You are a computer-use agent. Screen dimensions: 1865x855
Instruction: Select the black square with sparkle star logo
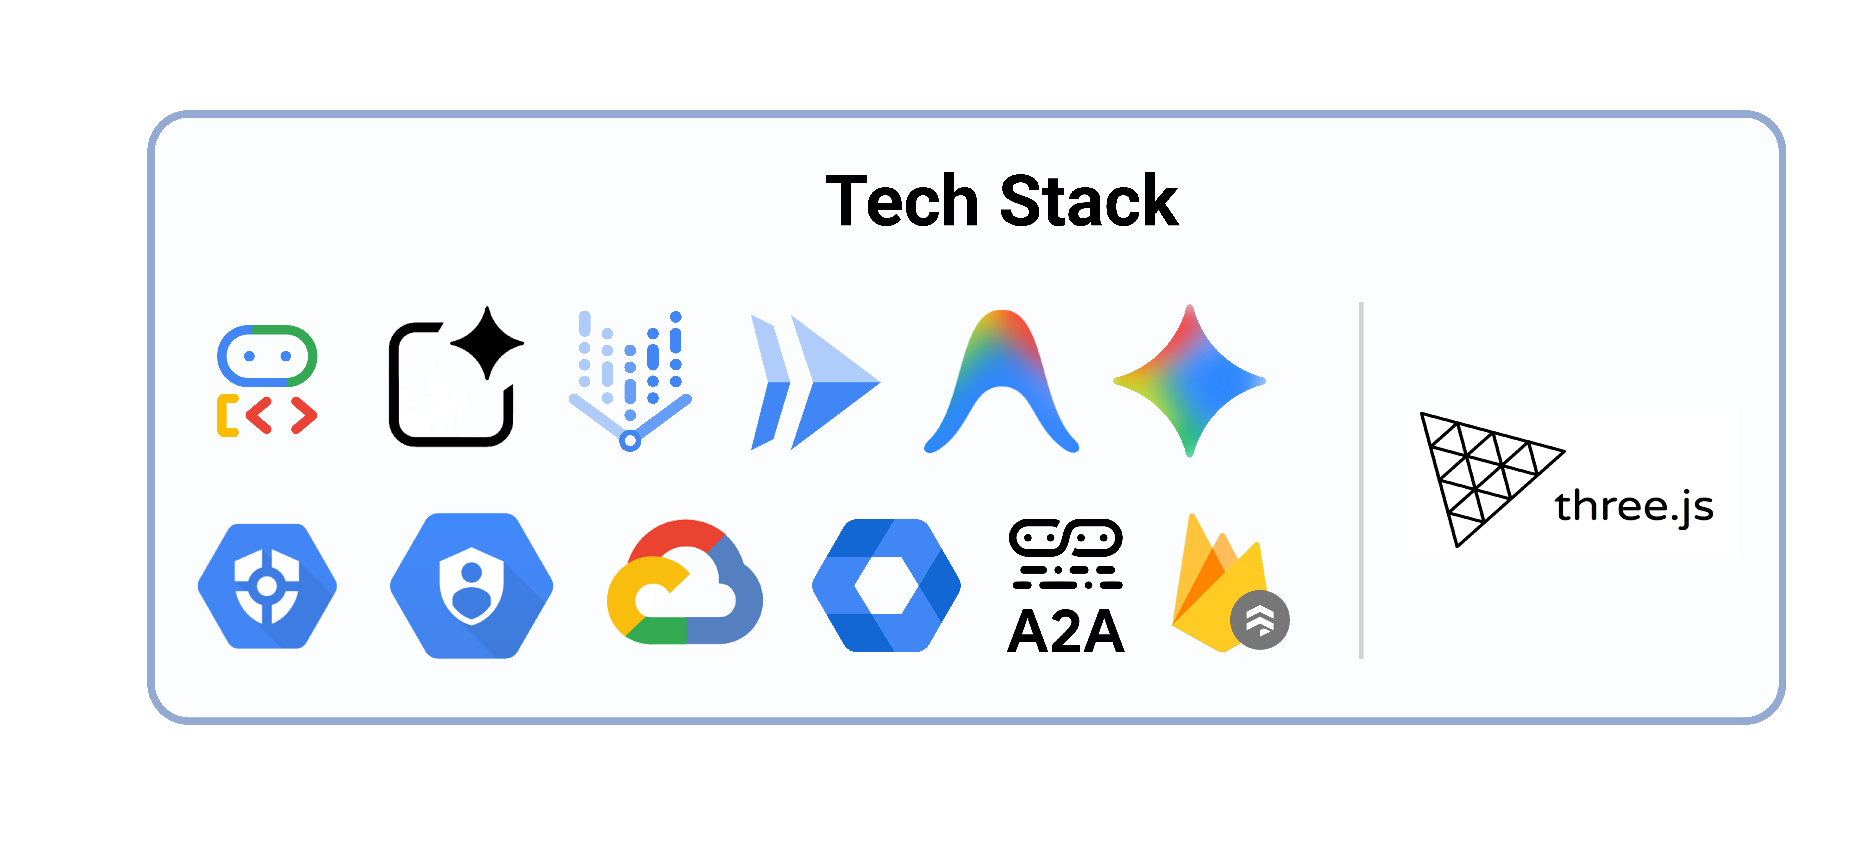453,380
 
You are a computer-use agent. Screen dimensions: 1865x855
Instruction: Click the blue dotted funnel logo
630,380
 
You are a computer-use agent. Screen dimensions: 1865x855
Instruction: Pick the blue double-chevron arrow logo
815,382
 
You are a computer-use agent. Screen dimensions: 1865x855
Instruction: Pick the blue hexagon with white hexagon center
886,585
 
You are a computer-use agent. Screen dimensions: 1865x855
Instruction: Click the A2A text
1066,631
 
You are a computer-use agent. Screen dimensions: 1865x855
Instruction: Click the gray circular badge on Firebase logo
1260,620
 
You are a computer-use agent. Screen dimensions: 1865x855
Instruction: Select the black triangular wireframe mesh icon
1477,471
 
